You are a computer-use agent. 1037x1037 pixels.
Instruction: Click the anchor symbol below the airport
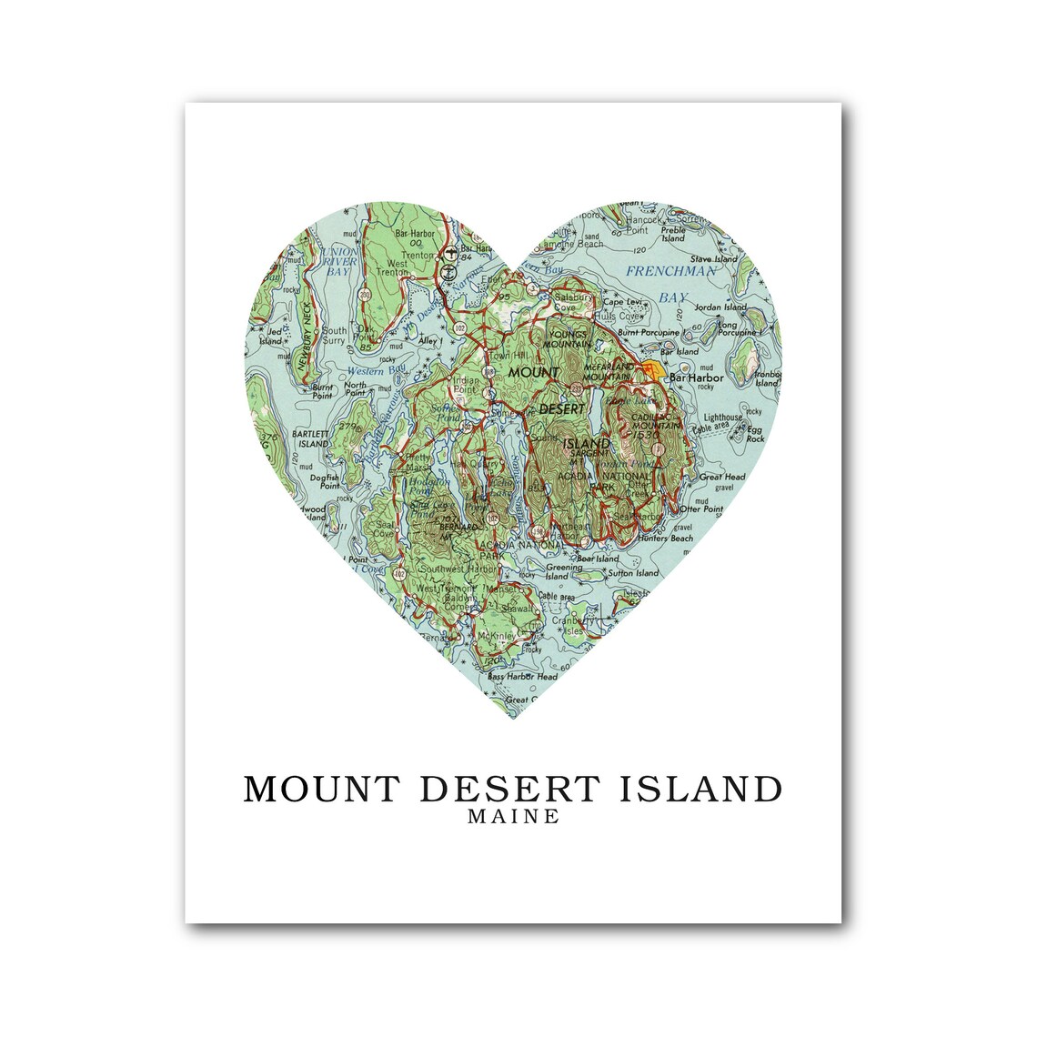(x=448, y=270)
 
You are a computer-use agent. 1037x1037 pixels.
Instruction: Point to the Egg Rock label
(x=754, y=434)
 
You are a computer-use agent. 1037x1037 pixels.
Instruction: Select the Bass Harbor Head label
(x=521, y=677)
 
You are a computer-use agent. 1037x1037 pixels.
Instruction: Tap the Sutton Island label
(x=634, y=573)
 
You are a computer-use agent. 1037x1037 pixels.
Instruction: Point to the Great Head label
(x=722, y=477)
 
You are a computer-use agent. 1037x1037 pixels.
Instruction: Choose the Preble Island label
(x=673, y=235)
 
